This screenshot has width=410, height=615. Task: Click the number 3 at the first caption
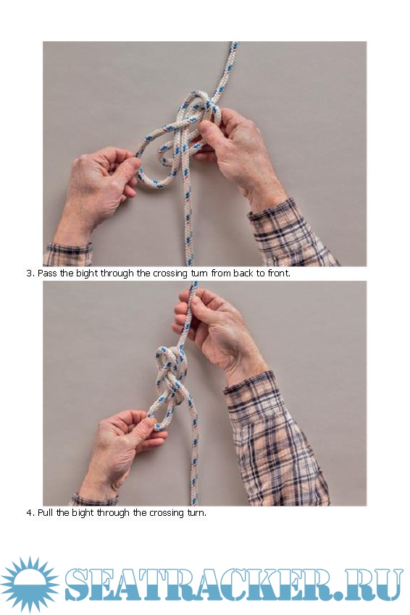(29, 273)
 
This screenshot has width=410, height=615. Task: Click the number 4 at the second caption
(29, 513)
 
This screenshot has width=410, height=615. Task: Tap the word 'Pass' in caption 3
(47, 273)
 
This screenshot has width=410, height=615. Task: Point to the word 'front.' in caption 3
(279, 273)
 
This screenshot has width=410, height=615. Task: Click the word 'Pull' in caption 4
(46, 513)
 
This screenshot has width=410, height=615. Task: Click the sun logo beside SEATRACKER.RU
(30, 584)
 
